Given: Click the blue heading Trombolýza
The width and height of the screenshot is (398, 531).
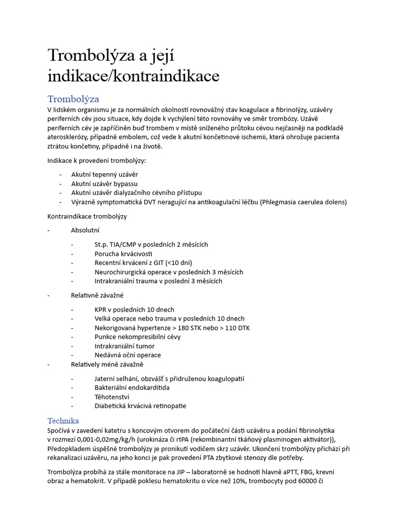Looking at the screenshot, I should coord(73,99).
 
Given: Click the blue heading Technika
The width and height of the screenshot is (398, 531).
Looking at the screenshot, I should coord(63,421).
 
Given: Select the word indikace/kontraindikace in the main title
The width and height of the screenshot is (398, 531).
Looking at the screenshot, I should coord(133,76).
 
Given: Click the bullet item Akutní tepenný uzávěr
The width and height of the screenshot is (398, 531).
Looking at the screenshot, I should coord(105,174).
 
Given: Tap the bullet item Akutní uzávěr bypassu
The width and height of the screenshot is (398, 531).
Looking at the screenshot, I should coord(104,184).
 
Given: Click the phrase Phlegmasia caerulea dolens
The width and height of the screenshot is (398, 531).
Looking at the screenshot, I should coord(303,202).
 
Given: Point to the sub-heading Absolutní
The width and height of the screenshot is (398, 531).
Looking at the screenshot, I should coord(85,230).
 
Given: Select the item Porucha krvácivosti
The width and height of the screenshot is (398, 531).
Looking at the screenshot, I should coord(123,254).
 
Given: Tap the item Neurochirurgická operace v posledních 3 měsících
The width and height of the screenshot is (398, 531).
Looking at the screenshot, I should coord(168,272).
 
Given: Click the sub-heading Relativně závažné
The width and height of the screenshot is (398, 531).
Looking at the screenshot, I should coord(97,295).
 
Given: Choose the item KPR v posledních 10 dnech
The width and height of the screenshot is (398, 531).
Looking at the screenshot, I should coord(134,309).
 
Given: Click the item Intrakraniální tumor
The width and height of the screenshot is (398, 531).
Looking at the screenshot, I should coord(124,346).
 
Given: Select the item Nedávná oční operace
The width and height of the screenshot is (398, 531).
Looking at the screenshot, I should coord(127,355).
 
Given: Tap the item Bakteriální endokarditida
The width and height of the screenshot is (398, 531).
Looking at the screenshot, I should coord(132,387).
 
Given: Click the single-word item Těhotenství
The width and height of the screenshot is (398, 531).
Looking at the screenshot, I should coord(112,397).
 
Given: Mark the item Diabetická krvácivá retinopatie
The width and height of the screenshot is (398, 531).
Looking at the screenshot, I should coord(140,406).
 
